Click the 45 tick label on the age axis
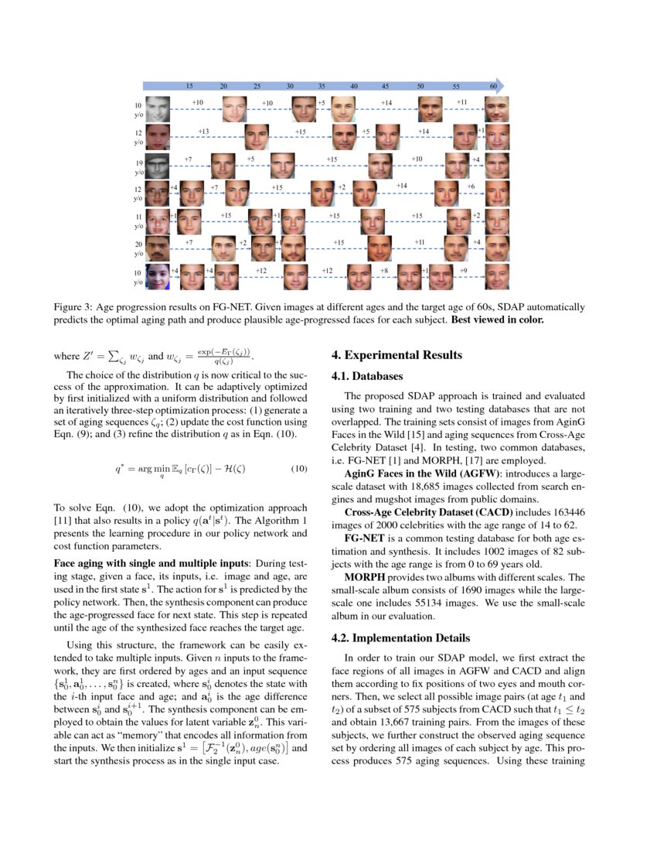[385, 86]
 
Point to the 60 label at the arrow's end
[492, 86]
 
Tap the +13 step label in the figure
[204, 132]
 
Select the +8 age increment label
[384, 271]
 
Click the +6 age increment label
[470, 187]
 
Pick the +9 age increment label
[463, 271]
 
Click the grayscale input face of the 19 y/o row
[158, 166]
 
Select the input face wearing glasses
[158, 194]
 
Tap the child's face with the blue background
[158, 277]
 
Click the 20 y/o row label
[138, 248]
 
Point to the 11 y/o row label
[138, 220]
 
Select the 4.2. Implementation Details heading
[400, 638]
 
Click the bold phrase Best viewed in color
[499, 320]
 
